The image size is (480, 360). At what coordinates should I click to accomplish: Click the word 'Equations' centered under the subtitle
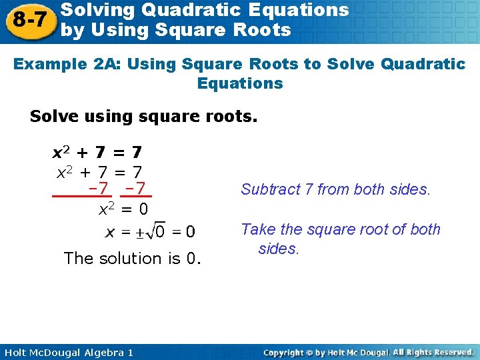240,83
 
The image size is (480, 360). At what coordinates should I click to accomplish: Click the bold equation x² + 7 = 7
97,153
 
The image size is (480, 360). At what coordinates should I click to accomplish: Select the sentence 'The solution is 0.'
132,258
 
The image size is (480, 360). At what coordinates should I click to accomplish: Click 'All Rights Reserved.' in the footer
433,352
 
